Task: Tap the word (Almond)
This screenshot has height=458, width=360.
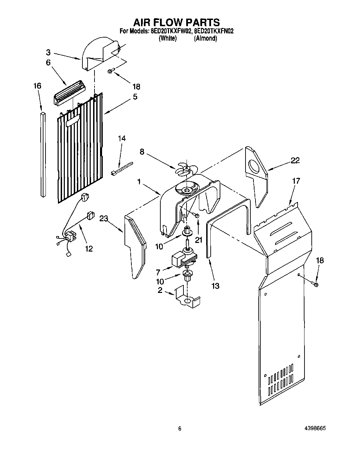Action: pyautogui.click(x=206, y=38)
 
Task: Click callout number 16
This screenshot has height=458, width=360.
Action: pyautogui.click(x=37, y=86)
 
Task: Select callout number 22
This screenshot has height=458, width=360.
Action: pyautogui.click(x=295, y=160)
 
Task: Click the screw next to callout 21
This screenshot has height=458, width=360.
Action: pyautogui.click(x=197, y=215)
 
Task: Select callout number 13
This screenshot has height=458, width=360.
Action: pyautogui.click(x=215, y=286)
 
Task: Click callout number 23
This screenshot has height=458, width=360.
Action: pyautogui.click(x=104, y=218)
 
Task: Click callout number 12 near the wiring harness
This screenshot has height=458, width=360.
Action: pyautogui.click(x=89, y=248)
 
